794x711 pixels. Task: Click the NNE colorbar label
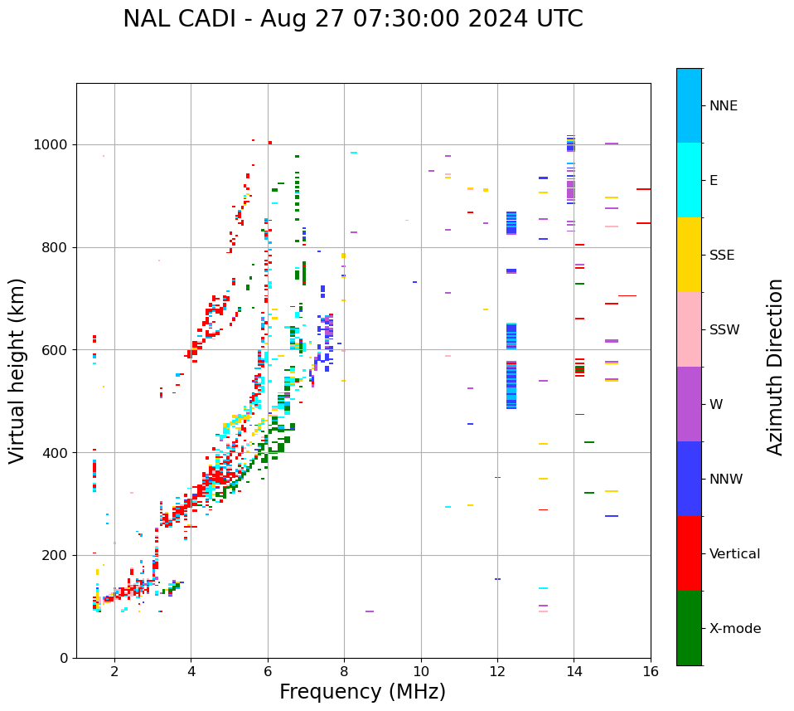(x=723, y=106)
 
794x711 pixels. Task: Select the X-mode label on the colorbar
(x=734, y=629)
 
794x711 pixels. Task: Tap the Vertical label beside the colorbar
(x=734, y=554)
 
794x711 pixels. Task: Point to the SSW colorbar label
(x=724, y=330)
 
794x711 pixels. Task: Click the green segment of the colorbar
(x=689, y=628)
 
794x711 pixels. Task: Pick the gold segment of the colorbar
(x=689, y=255)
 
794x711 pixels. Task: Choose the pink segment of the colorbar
(x=689, y=329)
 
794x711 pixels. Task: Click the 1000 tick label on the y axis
(x=52, y=145)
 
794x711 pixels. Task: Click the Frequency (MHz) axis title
(x=362, y=692)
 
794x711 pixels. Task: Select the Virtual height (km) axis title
(x=17, y=371)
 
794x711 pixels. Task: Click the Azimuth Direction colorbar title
(x=775, y=367)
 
